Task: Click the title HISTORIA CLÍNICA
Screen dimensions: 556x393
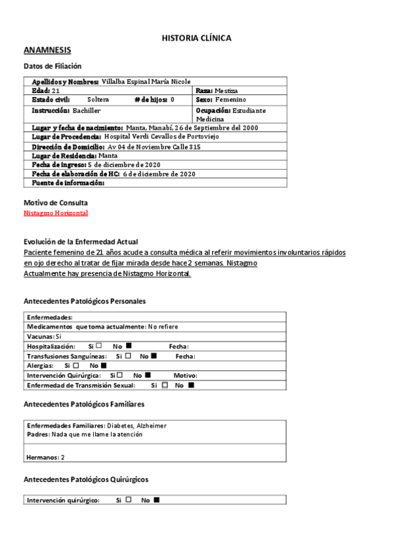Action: (x=196, y=39)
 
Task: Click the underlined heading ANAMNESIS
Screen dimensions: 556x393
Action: (x=47, y=50)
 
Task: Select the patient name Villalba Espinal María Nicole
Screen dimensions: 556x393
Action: (x=146, y=81)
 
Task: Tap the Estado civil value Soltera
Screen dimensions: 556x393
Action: (x=98, y=100)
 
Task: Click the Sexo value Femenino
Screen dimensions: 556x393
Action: (x=230, y=100)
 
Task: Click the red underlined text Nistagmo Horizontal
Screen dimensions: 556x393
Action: (x=56, y=213)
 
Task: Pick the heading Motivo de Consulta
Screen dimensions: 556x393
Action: (x=56, y=203)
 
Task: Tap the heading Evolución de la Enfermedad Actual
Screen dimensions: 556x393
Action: (x=81, y=242)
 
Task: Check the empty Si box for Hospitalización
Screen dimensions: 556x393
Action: (x=98, y=346)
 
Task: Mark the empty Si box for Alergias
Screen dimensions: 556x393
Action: (x=75, y=365)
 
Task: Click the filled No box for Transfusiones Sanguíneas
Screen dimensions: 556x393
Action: (x=154, y=355)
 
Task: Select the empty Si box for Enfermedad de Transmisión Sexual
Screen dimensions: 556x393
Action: (x=165, y=385)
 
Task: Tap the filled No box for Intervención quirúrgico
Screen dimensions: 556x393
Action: (x=156, y=500)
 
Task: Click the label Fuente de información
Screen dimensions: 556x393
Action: (x=68, y=183)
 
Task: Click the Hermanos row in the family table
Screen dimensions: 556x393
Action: (x=45, y=456)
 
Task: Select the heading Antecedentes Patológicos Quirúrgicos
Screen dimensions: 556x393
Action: (x=85, y=479)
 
